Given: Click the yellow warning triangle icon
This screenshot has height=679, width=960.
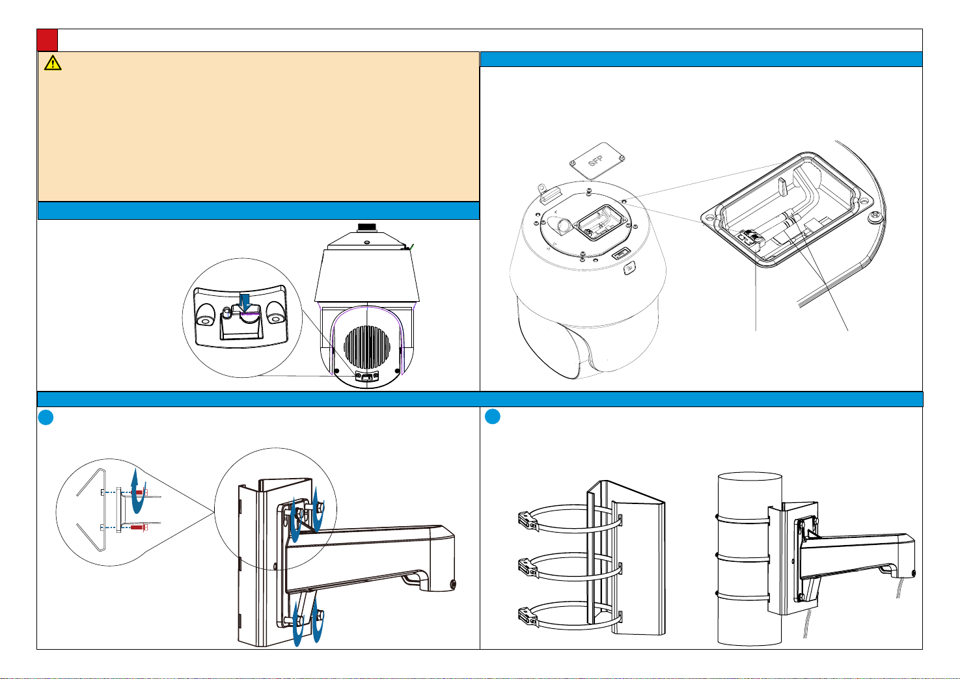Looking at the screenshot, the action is [x=53, y=62].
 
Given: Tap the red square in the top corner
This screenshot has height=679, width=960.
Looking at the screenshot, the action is [x=47, y=40].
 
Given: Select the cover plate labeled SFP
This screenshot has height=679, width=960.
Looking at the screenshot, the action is [x=597, y=161].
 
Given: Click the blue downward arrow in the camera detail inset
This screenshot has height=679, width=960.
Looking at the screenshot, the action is [x=245, y=302].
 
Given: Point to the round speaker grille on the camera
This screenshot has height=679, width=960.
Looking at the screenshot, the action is [x=367, y=347].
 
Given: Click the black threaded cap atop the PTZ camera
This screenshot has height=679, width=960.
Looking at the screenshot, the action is [x=367, y=227].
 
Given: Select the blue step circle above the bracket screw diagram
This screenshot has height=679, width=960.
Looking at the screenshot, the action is [x=46, y=418].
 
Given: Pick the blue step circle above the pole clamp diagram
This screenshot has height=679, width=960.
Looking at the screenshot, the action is [x=493, y=416].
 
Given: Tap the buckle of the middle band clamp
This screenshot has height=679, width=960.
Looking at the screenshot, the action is [x=527, y=568].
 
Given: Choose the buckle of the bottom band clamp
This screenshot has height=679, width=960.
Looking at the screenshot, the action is [x=527, y=618].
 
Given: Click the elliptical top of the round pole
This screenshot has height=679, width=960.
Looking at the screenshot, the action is [x=750, y=478].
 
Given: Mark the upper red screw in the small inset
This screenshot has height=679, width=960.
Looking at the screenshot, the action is [x=139, y=492].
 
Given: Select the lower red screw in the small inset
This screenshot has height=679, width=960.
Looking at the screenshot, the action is [x=139, y=527].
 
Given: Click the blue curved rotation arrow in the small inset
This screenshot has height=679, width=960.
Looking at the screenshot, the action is [x=137, y=491].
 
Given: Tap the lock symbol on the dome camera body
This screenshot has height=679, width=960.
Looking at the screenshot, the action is [x=629, y=269].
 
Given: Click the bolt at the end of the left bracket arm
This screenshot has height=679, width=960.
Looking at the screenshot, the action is [x=453, y=584].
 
